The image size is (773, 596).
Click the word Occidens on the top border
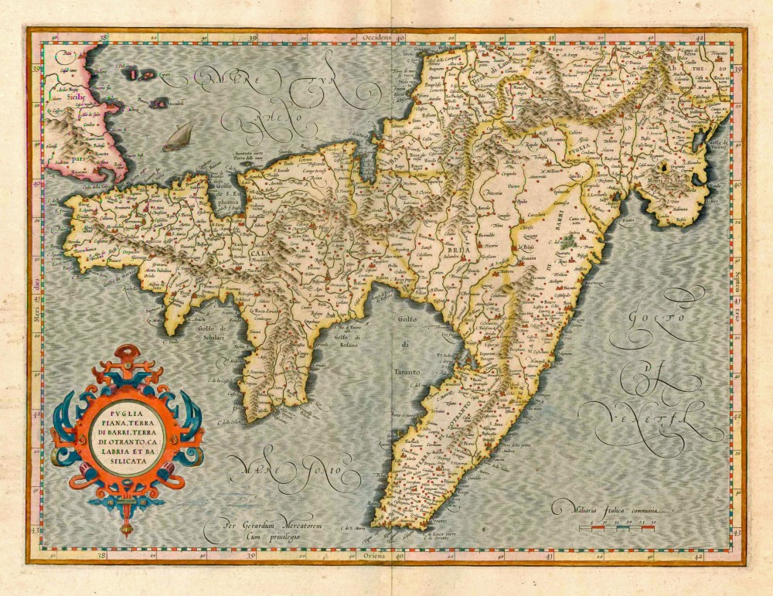pos(377,36)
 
